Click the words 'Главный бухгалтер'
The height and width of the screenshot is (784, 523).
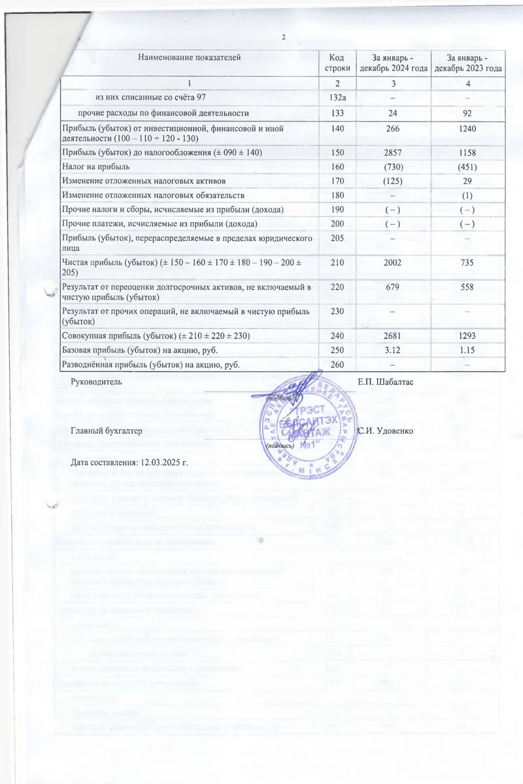pyautogui.click(x=105, y=432)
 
